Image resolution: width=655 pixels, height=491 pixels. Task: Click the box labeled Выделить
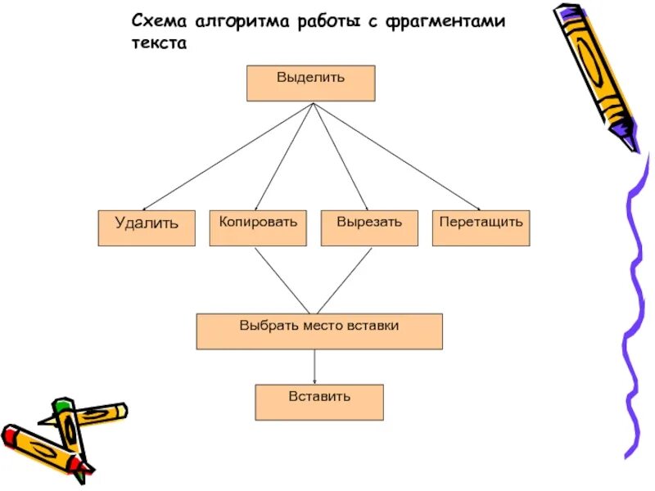[310, 83]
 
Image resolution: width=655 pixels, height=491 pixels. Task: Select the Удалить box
[147, 228]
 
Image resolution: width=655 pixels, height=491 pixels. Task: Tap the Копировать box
[258, 228]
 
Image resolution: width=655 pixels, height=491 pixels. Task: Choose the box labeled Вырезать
[369, 228]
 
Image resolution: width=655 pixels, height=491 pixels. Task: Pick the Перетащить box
[481, 228]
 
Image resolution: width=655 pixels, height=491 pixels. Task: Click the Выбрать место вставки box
[319, 331]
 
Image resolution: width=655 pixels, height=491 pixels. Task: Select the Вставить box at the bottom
[319, 403]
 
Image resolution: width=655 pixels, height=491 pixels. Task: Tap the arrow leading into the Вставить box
[315, 367]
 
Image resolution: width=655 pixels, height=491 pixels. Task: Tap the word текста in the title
[160, 44]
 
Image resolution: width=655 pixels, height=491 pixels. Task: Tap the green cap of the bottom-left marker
[62, 404]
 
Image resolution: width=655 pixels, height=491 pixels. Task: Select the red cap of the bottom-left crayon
[11, 435]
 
